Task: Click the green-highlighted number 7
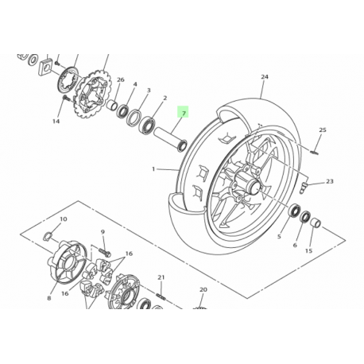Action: [x=183, y=114]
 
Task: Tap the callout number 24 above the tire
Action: [x=264, y=78]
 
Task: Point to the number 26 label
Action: [x=121, y=80]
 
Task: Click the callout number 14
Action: [x=56, y=122]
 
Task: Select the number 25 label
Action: [x=323, y=130]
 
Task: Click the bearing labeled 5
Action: [x=294, y=213]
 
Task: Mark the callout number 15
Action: [x=308, y=251]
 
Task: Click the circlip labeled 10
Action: [x=48, y=236]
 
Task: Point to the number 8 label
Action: [x=48, y=299]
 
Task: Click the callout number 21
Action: [x=160, y=277]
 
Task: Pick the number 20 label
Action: [x=203, y=290]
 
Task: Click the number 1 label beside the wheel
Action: [x=153, y=169]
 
